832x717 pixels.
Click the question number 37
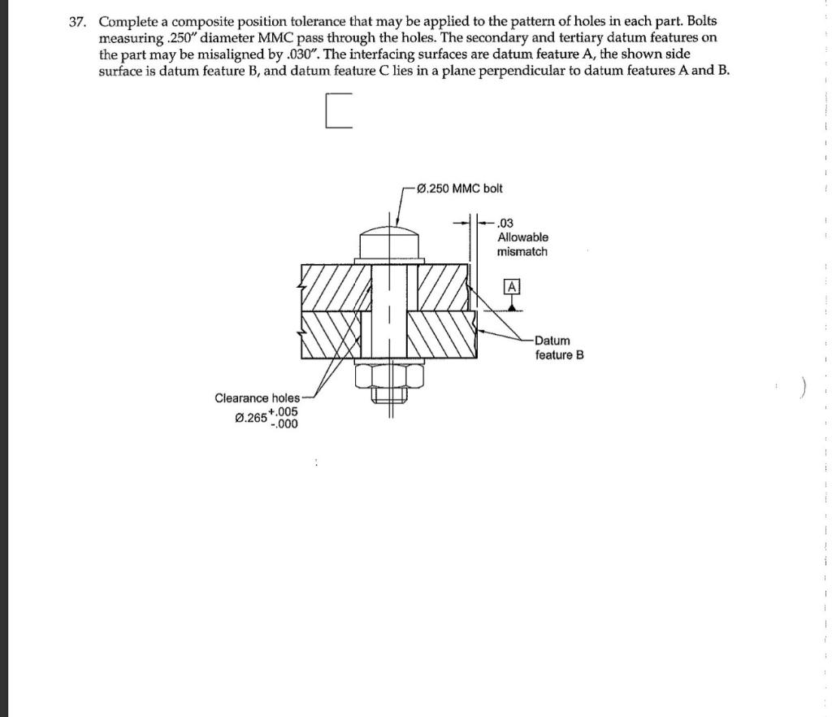click(77, 21)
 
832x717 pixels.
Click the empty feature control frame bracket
click(340, 111)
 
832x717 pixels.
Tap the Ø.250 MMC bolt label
click(458, 189)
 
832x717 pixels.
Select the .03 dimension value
click(505, 223)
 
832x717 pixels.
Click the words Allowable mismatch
click(522, 245)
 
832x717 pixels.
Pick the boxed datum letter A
click(511, 286)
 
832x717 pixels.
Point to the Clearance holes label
click(257, 398)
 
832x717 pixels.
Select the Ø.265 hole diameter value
click(249, 418)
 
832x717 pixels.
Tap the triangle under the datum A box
click(511, 304)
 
